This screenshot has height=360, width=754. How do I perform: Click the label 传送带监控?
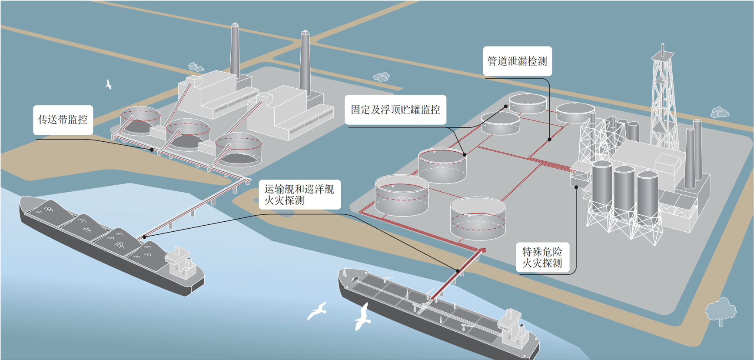[63, 120]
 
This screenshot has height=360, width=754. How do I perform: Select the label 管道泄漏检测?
[517, 61]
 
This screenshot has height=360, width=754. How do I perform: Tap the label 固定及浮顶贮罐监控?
[395, 110]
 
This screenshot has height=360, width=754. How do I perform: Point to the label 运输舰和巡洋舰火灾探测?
[299, 195]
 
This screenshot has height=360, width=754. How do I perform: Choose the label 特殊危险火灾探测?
[542, 257]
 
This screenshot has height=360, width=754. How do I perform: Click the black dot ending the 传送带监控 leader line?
[152, 150]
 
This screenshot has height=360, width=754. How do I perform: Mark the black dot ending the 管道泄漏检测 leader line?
[550, 140]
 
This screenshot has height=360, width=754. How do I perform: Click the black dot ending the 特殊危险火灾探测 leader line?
[576, 187]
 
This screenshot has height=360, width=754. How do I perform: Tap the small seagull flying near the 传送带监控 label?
[109, 84]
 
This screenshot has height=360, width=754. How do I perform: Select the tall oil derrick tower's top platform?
[662, 56]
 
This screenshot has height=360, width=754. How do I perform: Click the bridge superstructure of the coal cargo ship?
[181, 262]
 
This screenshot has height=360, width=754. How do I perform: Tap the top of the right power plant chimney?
[305, 33]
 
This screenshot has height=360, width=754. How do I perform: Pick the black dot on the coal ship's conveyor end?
[144, 237]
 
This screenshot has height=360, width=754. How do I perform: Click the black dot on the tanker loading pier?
[458, 271]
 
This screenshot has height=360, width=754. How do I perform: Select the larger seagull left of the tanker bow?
[362, 317]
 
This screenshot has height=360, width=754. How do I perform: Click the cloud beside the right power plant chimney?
[382, 77]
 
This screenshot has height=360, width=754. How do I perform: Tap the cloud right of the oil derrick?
[720, 112]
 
